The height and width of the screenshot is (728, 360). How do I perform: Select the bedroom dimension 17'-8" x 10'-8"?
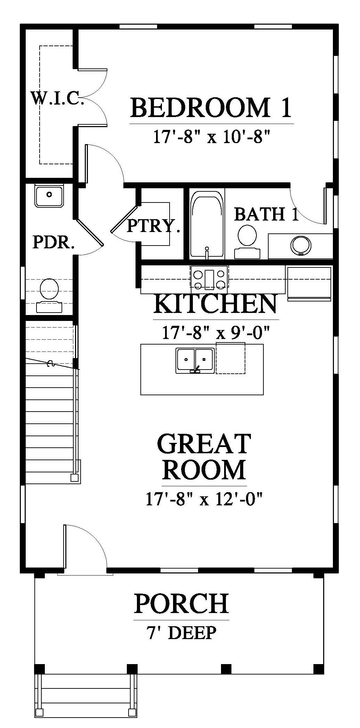coord(212,136)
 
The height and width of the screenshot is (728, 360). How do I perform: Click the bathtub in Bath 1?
coord(207,227)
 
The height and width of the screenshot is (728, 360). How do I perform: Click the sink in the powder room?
coord(49,196)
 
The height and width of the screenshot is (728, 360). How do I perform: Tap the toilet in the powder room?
coord(49,295)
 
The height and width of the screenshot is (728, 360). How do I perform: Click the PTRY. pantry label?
coord(153,226)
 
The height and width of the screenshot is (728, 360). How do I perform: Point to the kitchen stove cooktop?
coord(209,276)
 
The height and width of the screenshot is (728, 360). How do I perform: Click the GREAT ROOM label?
coord(204,456)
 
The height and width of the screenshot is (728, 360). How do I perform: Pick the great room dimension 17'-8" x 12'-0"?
coord(204,499)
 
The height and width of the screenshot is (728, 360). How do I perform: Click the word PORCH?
coord(181,603)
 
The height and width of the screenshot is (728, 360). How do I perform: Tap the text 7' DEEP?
coord(181,633)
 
